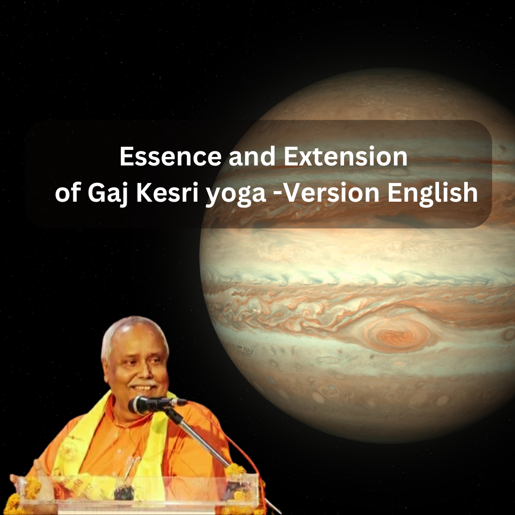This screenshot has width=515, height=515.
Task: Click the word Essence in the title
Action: [x=170, y=156]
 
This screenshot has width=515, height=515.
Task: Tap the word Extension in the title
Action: [x=346, y=156]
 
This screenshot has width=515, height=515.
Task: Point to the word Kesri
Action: [x=167, y=193]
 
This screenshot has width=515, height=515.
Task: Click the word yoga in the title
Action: [x=235, y=195]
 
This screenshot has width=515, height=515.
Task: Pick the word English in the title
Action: [x=433, y=194]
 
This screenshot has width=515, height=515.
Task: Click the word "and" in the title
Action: [x=252, y=156]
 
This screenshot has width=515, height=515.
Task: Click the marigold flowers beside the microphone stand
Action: [x=236, y=470]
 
